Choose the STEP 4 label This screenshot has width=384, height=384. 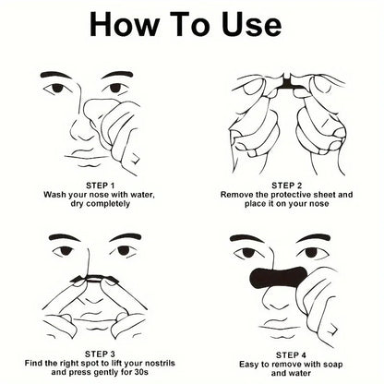tap(287, 354)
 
